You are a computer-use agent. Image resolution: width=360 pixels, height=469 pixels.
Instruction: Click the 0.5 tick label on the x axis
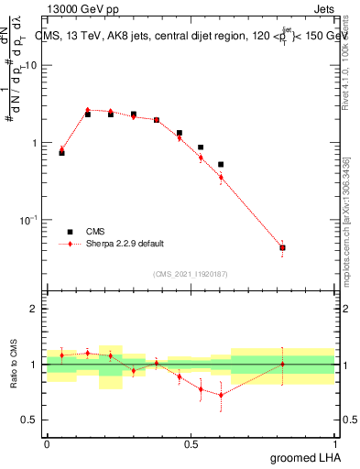(x=191, y=443)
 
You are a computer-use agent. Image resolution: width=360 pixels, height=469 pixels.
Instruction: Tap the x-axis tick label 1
(x=334, y=443)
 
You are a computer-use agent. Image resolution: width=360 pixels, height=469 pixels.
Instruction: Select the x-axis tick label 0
(x=47, y=443)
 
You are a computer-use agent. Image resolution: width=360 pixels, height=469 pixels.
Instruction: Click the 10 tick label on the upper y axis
(x=31, y=66)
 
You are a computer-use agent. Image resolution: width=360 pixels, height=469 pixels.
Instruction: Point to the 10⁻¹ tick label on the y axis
(x=28, y=220)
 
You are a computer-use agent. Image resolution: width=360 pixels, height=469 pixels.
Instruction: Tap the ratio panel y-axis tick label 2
(x=34, y=309)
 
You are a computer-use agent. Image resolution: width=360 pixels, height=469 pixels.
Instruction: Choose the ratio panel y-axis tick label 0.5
(x=30, y=420)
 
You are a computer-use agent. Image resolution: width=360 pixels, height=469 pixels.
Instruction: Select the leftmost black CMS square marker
(x=61, y=153)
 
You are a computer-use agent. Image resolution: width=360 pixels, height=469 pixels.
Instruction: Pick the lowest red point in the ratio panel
(x=221, y=395)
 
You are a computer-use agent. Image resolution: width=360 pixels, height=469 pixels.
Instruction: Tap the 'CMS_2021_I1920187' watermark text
(x=191, y=272)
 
